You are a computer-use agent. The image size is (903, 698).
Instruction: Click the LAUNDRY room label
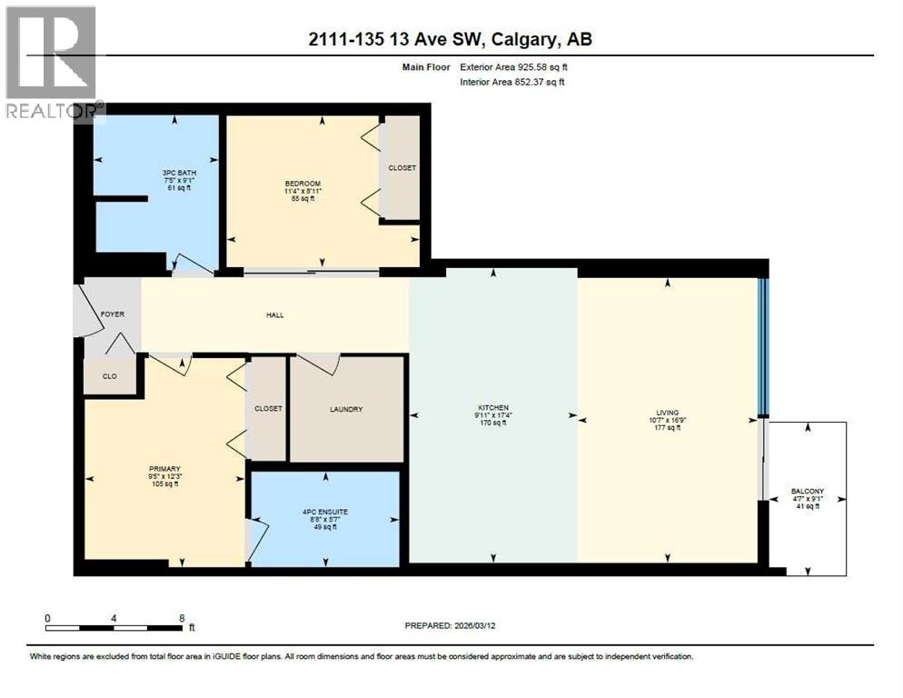click(346, 409)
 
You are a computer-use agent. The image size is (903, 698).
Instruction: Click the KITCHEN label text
click(493, 407)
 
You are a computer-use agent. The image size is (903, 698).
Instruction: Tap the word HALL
click(275, 315)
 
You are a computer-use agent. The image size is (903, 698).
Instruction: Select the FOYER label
click(113, 314)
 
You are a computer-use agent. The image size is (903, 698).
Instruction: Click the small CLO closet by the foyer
click(109, 375)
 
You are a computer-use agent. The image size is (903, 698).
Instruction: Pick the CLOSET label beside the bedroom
click(402, 168)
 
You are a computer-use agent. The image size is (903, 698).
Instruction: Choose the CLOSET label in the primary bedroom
click(268, 409)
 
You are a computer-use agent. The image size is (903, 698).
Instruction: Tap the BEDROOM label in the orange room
click(303, 184)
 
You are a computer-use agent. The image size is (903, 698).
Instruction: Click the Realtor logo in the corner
click(51, 62)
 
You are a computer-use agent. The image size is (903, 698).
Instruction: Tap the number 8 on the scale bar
click(182, 617)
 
